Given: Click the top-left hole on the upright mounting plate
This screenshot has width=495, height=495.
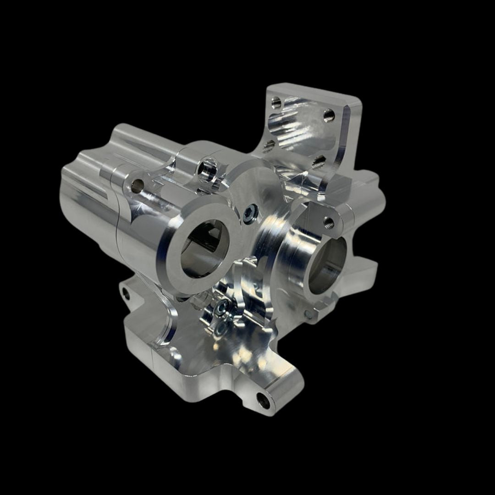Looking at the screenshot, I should tap(276, 102).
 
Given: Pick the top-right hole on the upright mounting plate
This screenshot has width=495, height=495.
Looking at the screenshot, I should tap(328, 115).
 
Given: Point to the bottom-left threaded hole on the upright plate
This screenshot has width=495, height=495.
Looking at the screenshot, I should tap(269, 146).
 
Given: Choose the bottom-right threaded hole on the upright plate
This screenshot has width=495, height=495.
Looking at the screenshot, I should tap(317, 161).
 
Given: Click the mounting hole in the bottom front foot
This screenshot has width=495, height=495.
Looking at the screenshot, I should tap(263, 400).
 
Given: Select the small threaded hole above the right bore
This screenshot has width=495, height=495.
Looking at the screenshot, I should tap(329, 223).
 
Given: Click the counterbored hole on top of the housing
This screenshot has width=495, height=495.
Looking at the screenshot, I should tap(207, 168).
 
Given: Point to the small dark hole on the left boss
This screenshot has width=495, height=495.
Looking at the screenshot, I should tap(137, 186).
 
